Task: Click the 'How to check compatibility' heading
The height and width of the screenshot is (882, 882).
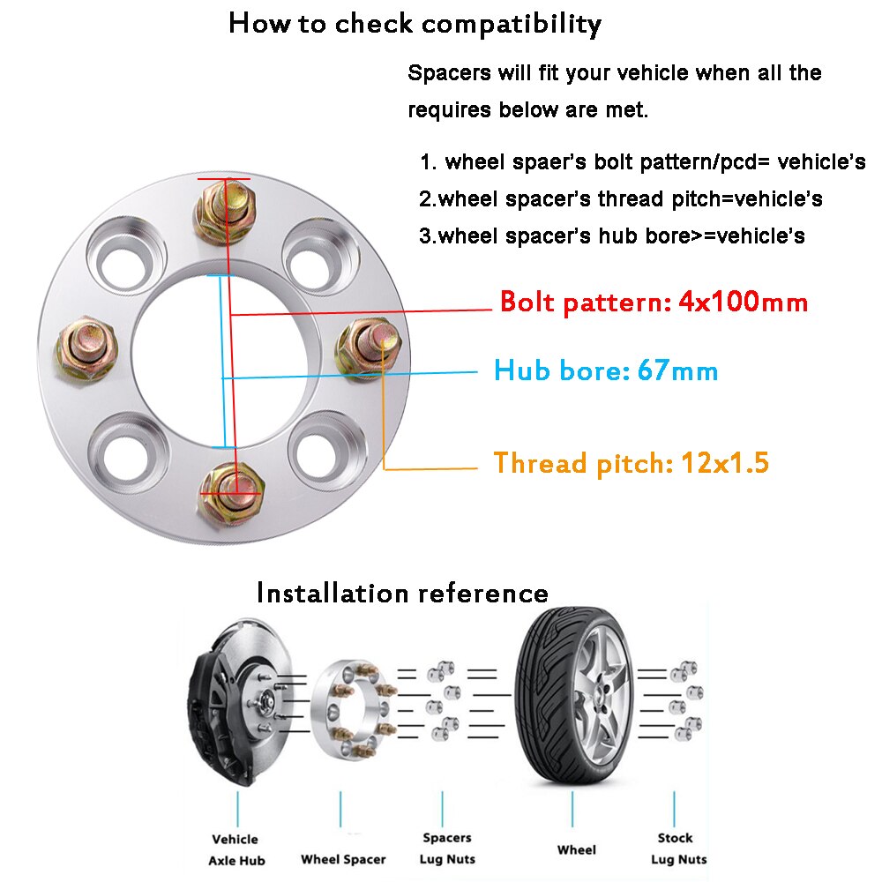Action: coord(415,24)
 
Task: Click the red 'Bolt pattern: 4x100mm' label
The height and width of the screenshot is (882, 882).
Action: coord(654,303)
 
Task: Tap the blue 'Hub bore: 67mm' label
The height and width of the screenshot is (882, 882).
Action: coord(606,370)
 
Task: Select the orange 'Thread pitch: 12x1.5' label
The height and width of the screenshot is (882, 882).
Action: coord(631,463)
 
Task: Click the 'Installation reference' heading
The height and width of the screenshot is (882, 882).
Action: coord(402,593)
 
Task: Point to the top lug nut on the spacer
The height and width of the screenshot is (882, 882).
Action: coord(226,210)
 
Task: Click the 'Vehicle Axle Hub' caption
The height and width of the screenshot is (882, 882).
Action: coord(236,849)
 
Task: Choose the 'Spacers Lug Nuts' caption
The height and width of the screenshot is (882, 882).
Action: coord(447,848)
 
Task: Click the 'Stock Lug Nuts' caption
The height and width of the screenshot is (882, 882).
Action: coord(676,848)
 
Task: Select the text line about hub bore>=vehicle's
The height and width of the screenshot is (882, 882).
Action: coord(612,236)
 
